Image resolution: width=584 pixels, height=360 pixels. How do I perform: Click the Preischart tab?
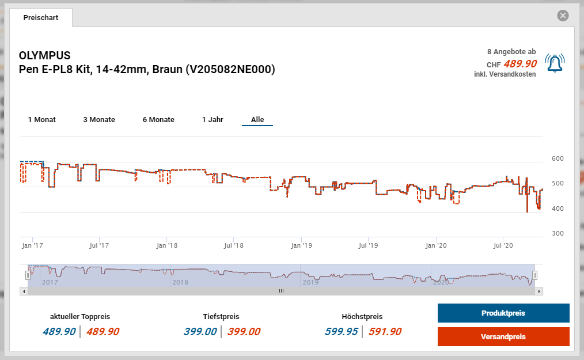41,18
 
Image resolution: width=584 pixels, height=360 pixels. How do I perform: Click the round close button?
563,16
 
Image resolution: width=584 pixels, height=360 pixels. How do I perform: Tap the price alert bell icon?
555,63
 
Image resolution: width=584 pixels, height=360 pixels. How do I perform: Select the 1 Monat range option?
42,120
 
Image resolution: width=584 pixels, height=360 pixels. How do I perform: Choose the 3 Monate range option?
99,120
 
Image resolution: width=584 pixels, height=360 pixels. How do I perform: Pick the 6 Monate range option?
158,120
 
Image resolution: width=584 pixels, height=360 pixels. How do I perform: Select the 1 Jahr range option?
213,120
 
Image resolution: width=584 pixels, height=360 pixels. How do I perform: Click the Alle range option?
257,120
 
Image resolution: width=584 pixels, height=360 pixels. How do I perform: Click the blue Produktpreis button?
503,313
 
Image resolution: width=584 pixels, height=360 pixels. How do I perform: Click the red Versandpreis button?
503,337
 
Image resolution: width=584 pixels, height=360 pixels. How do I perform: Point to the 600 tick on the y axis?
558,158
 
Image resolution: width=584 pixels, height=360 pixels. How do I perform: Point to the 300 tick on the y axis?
558,233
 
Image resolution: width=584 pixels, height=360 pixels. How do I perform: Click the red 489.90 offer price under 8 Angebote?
520,64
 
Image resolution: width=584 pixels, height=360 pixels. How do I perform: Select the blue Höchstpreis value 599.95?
342,332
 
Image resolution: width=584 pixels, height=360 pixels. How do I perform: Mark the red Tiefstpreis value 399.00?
244,332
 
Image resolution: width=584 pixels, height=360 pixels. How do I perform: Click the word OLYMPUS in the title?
45,56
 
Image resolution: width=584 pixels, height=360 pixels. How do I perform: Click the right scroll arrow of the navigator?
539,291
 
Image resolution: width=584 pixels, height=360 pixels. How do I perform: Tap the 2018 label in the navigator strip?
180,282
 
